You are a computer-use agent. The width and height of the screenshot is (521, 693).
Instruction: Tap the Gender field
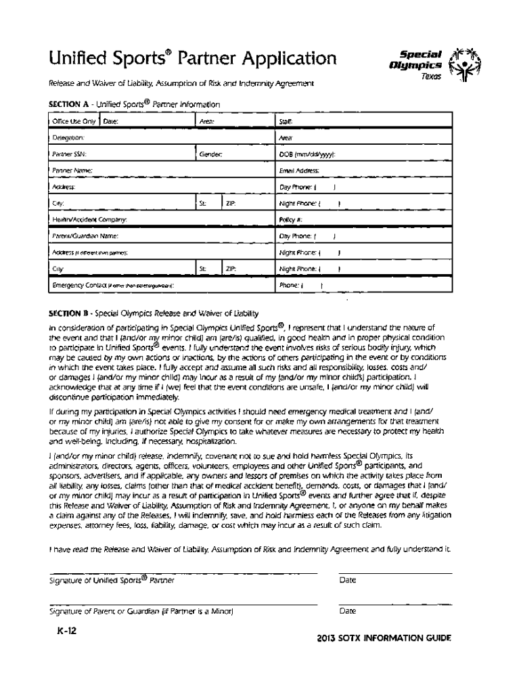click(x=234, y=154)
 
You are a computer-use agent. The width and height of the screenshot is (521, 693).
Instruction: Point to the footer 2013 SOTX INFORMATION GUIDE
click(x=384, y=639)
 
